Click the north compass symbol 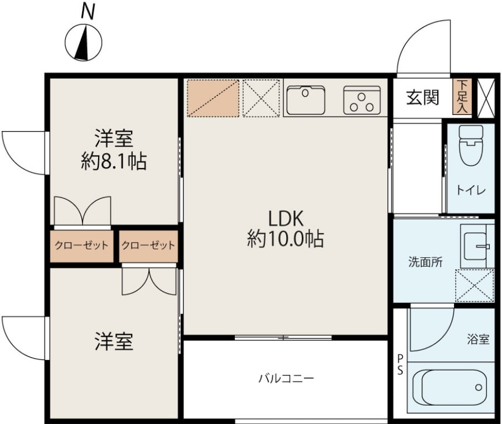click(x=83, y=42)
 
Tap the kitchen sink click(x=306, y=100)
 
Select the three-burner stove click(x=362, y=100)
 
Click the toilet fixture click(x=471, y=145)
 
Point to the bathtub click(x=449, y=388)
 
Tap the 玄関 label click(x=422, y=98)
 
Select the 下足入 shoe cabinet click(x=462, y=97)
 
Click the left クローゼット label click(x=81, y=245)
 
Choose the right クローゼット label click(x=148, y=245)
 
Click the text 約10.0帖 click(x=285, y=239)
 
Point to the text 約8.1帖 click(x=114, y=161)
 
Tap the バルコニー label click(x=286, y=379)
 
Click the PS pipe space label click(x=400, y=364)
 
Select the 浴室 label click(x=478, y=339)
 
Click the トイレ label click(x=471, y=191)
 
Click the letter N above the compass click(x=88, y=12)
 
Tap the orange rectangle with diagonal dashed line click(x=213, y=98)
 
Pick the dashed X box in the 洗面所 click(x=475, y=286)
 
